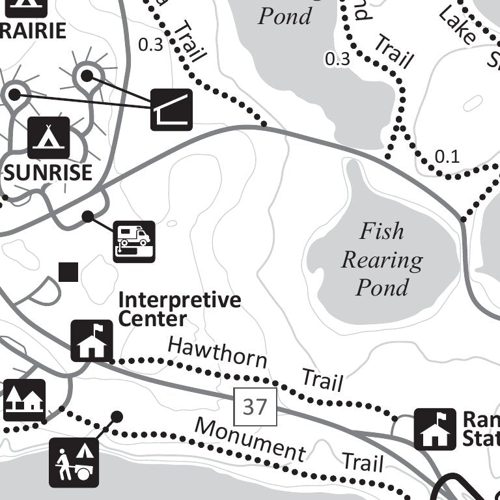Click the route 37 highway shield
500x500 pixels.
[255, 407]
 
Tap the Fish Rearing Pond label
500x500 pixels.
[382, 259]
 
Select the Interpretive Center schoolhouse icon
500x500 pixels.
[92, 340]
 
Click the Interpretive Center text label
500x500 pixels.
[179, 310]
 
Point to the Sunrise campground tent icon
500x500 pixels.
[48, 138]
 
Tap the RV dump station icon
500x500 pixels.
[134, 242]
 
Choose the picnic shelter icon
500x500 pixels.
[172, 109]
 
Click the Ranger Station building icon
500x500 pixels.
[435, 429]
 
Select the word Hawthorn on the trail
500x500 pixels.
[217, 352]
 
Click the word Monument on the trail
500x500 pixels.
[250, 439]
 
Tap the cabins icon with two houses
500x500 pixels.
[24, 400]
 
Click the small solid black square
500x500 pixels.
[68, 272]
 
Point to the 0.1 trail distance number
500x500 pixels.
[447, 156]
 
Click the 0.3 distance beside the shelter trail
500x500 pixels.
[151, 44]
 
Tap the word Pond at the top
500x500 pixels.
[285, 16]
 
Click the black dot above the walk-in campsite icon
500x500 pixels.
[117, 416]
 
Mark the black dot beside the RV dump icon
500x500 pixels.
[87, 216]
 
